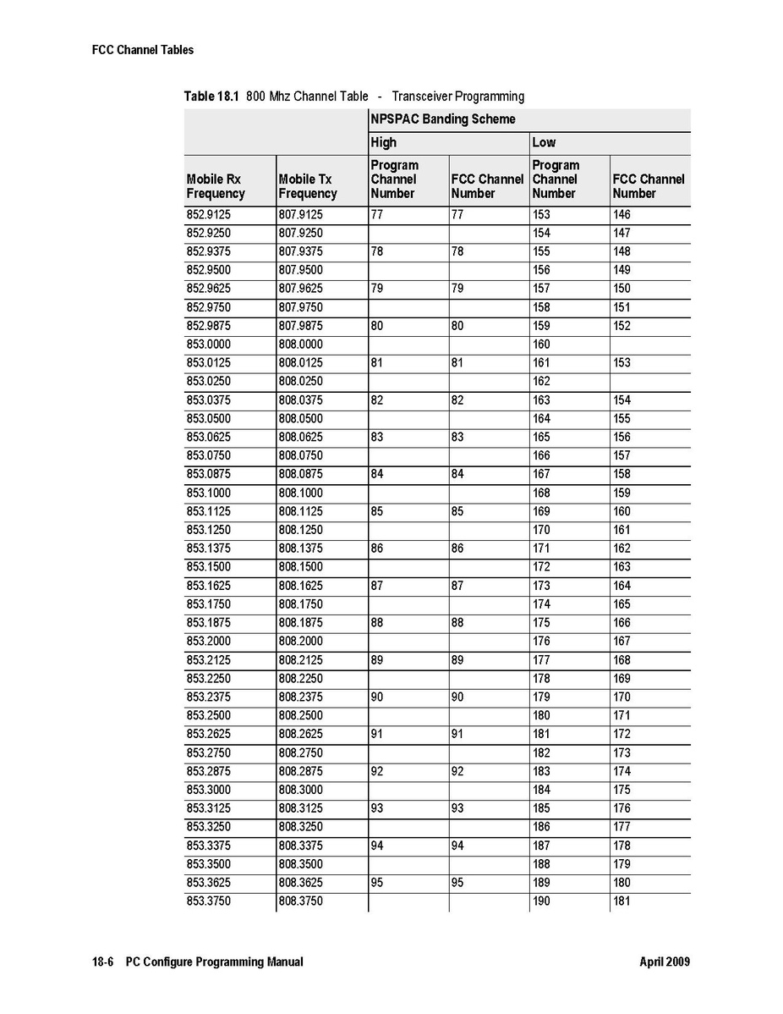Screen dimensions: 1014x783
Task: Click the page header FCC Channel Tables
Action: pyautogui.click(x=142, y=50)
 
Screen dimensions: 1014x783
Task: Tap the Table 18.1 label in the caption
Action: pyautogui.click(x=212, y=96)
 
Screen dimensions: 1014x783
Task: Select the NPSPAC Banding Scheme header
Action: pyautogui.click(x=442, y=119)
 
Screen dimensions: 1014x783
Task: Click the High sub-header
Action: pyautogui.click(x=383, y=142)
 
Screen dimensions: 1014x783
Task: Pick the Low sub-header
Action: pyautogui.click(x=544, y=142)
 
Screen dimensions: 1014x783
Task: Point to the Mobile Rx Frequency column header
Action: pyautogui.click(x=216, y=186)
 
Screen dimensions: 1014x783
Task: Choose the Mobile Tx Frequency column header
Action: pyautogui.click(x=308, y=186)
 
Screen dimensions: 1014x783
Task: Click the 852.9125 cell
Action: pyautogui.click(x=208, y=215)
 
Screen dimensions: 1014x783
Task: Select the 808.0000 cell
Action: pyautogui.click(x=300, y=344)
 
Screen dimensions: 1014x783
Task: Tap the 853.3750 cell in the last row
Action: pyautogui.click(x=208, y=901)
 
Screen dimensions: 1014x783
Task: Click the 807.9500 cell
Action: pyautogui.click(x=300, y=270)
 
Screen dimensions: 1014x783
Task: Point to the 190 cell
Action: pyautogui.click(x=541, y=901)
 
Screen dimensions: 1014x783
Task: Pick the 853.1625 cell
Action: pyautogui.click(x=208, y=586)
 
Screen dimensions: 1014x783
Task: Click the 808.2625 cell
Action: pyautogui.click(x=300, y=734)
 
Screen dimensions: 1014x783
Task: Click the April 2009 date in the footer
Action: pyautogui.click(x=665, y=962)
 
